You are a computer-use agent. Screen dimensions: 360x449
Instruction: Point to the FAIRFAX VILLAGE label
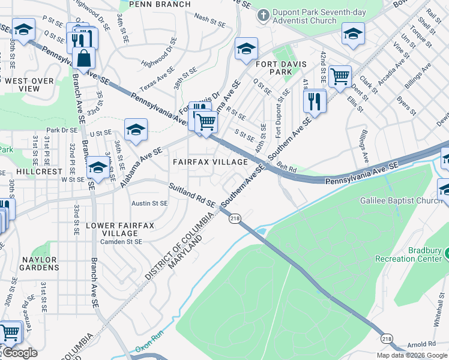click(x=211, y=162)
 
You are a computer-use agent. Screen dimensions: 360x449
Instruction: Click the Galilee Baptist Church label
click(x=401, y=201)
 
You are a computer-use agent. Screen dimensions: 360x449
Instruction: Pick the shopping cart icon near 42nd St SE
click(x=340, y=76)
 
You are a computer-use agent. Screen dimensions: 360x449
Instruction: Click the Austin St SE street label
click(x=149, y=203)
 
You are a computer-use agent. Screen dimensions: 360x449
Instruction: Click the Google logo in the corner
click(x=19, y=353)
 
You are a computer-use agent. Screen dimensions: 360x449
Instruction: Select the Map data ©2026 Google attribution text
click(x=412, y=355)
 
